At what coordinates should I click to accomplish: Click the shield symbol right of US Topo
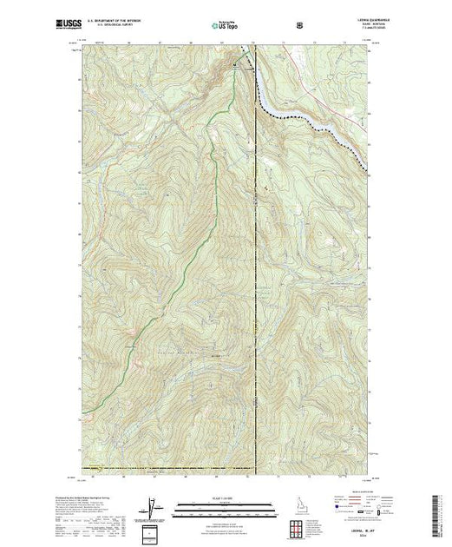pos(300,25)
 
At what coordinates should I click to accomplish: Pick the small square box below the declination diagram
pos(153,531)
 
